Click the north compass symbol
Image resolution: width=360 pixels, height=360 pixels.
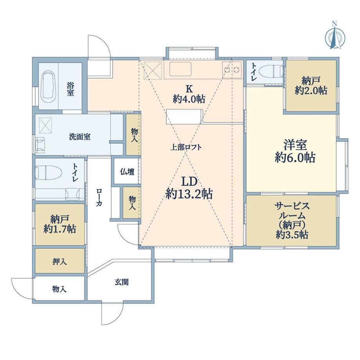tap(335, 37)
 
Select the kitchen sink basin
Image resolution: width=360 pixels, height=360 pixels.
tap(180, 69)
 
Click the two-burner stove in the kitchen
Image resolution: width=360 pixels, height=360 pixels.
tap(232, 69)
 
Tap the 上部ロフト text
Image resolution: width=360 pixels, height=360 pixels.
tap(186, 147)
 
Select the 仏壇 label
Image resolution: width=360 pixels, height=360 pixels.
tap(127, 172)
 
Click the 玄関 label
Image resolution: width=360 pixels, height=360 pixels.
tap(122, 282)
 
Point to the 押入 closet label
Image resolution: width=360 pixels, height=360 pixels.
tap(59, 261)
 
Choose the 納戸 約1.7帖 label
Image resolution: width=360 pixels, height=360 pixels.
tap(60, 224)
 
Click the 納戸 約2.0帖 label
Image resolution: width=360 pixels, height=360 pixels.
tap(311, 86)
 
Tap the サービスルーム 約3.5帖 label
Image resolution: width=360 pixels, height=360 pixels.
tap(292, 220)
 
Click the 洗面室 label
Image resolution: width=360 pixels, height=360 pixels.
tap(80, 137)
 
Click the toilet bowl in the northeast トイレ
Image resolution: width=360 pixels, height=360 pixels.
tap(270, 71)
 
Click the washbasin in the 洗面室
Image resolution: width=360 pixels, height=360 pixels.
tap(40, 145)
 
